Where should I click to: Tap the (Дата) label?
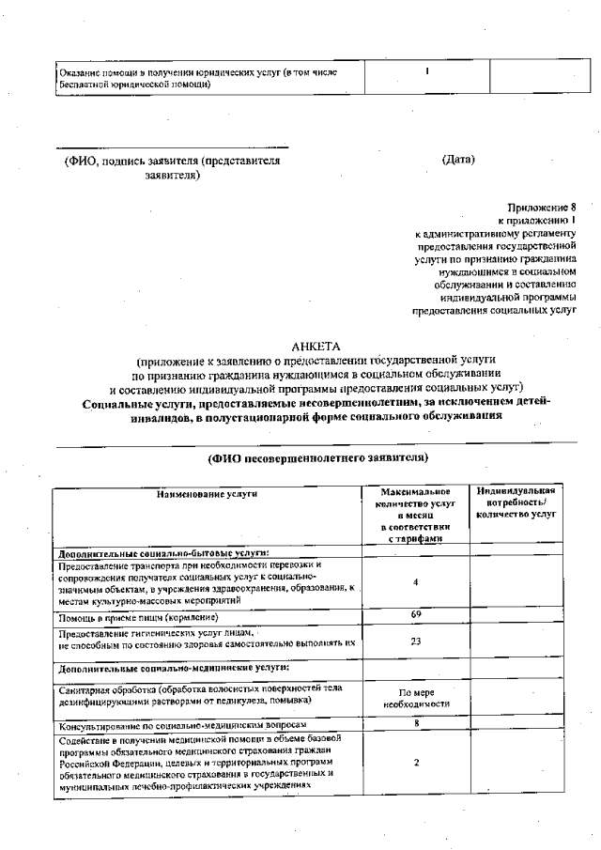pos(458,160)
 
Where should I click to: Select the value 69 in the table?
pos(415,614)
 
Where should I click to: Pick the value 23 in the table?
pos(415,641)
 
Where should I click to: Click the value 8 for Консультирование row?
pos(415,724)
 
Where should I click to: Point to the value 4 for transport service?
pos(415,582)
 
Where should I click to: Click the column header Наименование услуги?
pos(207,494)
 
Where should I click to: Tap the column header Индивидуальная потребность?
pos(516,502)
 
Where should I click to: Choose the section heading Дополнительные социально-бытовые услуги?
pos(163,552)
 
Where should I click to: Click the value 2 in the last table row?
pos(415,763)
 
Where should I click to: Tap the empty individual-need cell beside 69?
pos(516,616)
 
